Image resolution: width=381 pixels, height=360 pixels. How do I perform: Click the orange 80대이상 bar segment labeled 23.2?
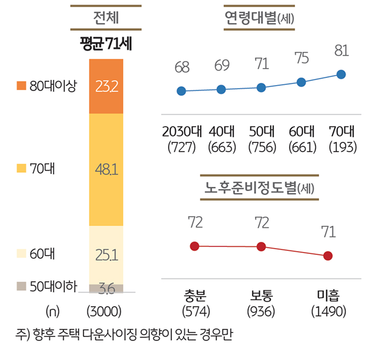(106, 86)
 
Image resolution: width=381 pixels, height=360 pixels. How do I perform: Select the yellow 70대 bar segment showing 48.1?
(106, 170)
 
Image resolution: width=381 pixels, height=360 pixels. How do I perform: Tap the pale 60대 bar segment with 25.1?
(106, 255)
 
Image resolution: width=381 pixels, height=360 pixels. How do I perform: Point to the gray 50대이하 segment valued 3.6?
(106, 288)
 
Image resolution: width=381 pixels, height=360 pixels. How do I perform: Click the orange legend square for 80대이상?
(21, 86)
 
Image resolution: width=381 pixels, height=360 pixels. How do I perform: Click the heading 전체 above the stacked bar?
(106, 18)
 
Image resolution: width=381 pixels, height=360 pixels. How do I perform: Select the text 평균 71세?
(106, 44)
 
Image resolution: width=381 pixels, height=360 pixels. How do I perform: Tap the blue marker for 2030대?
(181, 91)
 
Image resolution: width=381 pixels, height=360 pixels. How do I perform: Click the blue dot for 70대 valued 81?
(342, 74)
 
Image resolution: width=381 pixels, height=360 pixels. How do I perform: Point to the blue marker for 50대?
(261, 88)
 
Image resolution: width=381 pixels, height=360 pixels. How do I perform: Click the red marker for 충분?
(194, 246)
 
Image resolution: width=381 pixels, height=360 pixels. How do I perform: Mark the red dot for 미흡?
(328, 256)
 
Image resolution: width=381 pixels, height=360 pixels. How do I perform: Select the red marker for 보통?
(261, 247)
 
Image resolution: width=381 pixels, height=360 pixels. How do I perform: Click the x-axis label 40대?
(221, 131)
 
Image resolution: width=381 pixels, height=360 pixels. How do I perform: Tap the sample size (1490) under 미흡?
(328, 311)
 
